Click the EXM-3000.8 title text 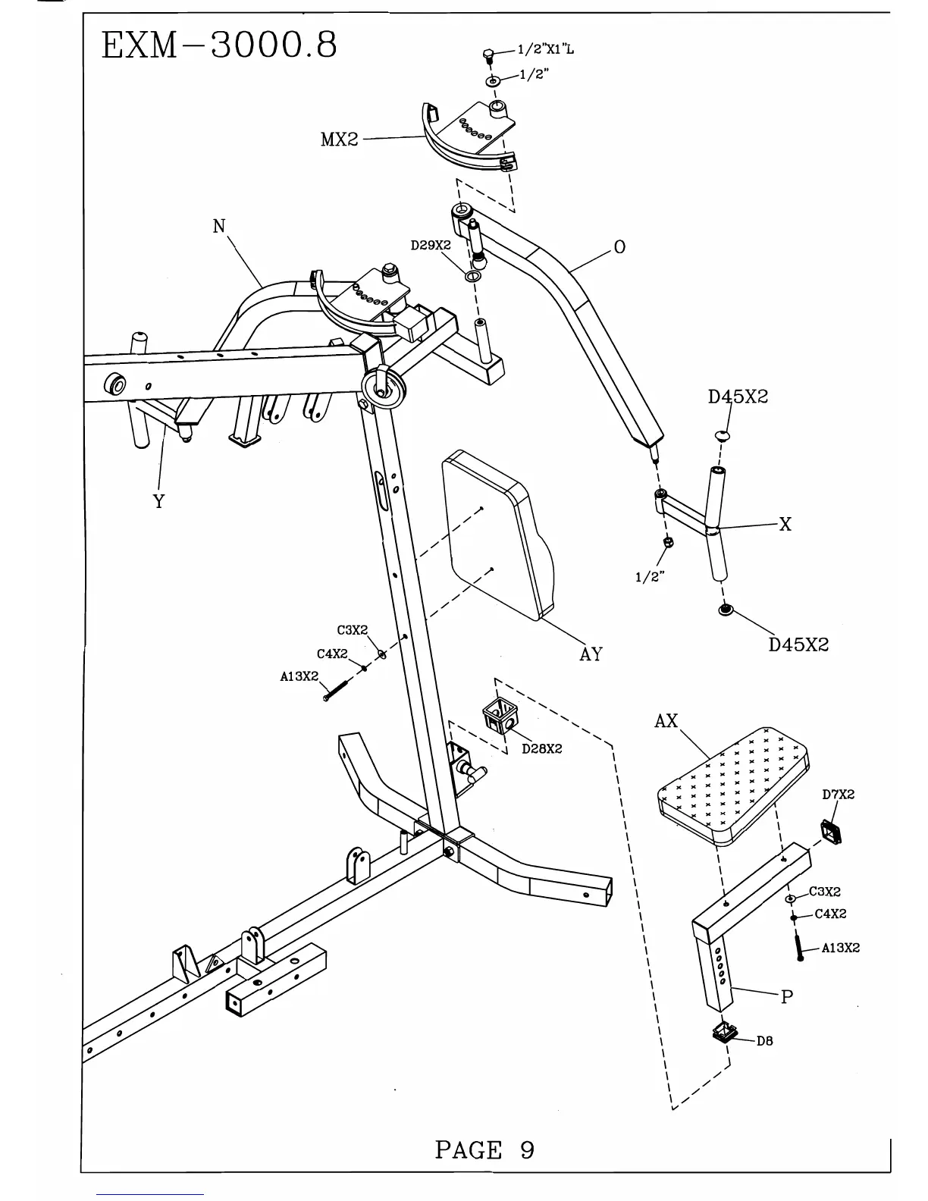point(218,46)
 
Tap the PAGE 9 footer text point(484,1150)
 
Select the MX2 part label point(339,140)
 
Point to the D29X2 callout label point(431,246)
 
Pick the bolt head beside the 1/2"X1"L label point(490,55)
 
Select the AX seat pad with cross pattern point(732,785)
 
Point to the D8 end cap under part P point(726,1032)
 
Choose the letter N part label point(219,226)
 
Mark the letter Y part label point(158,501)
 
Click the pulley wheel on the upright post point(386,388)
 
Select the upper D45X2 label point(738,397)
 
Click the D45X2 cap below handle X point(726,610)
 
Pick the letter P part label point(787,997)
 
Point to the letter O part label point(619,247)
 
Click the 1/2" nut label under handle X point(650,577)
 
